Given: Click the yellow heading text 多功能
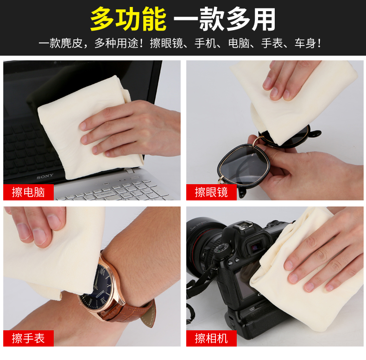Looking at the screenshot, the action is coord(128,19).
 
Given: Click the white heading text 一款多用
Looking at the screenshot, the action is coord(225,19).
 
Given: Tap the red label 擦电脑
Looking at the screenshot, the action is coord(28,192).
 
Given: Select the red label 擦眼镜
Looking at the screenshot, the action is coord(211,192).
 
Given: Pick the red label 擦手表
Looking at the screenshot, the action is coord(28,338).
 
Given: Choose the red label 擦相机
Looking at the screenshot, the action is coord(211,338).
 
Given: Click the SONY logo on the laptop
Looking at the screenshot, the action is coord(45,176).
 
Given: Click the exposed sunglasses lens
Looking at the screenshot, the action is coord(243,164).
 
